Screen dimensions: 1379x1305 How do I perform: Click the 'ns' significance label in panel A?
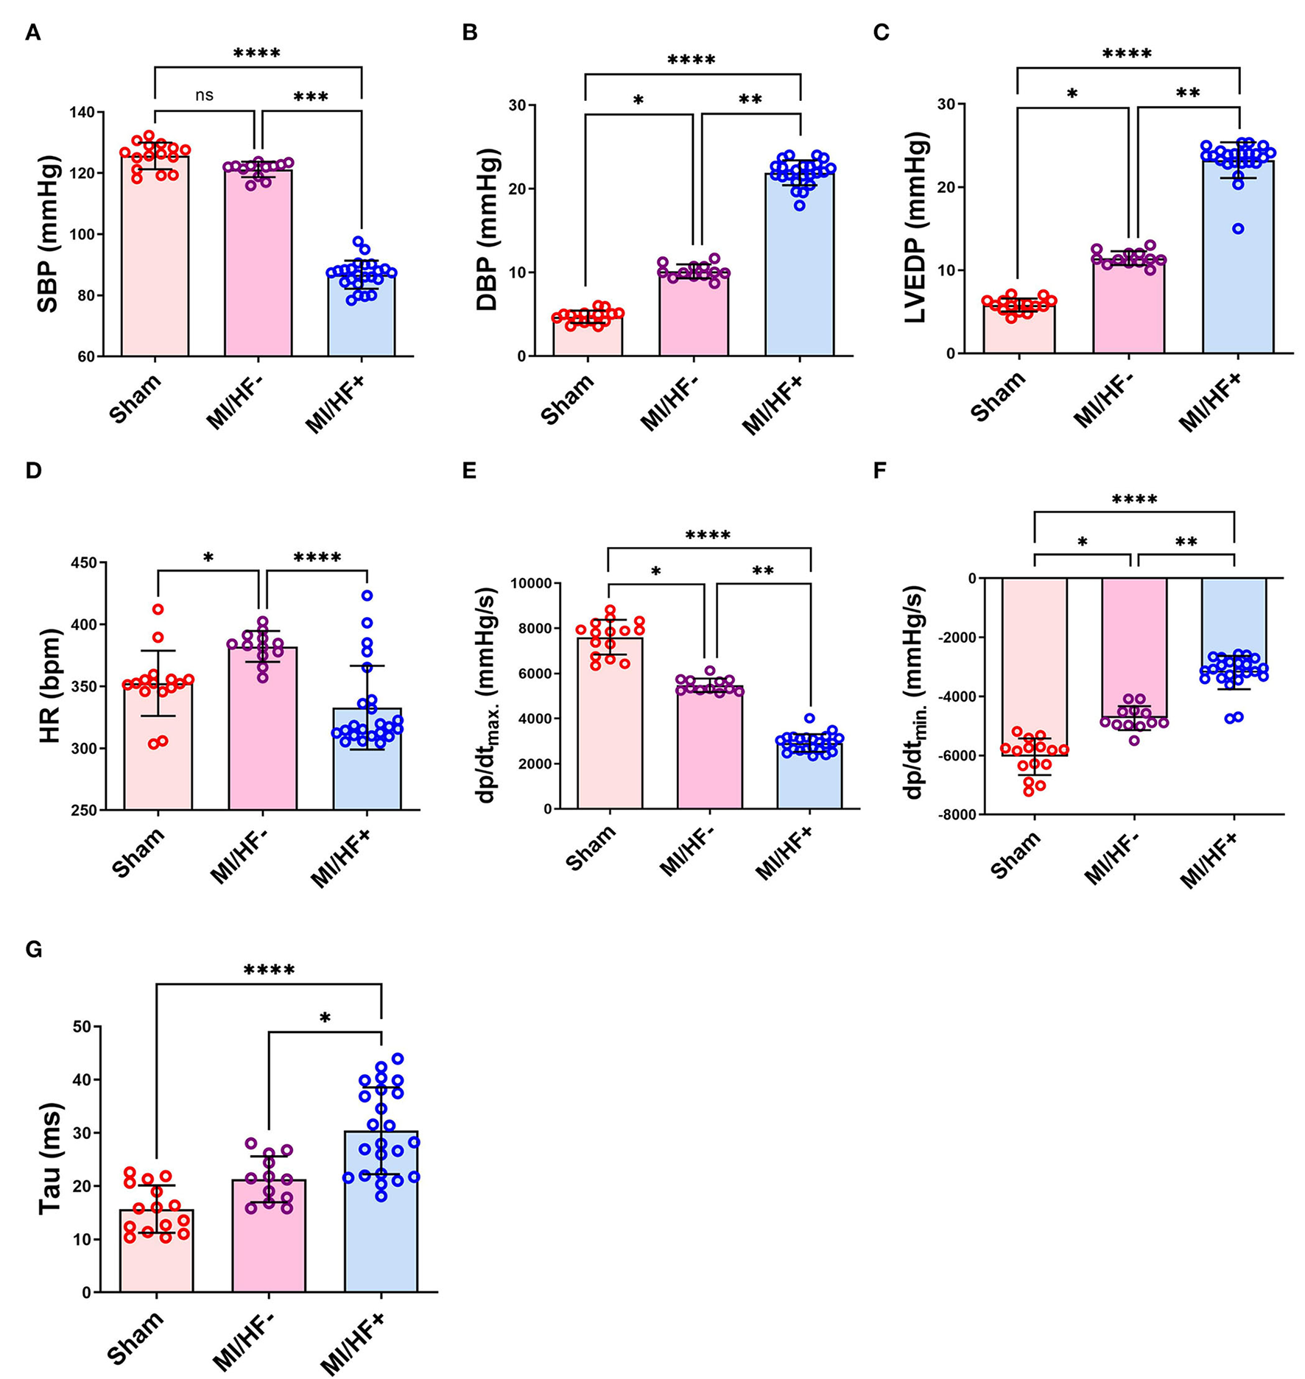click(204, 96)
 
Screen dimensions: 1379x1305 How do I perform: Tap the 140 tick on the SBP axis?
click(87, 112)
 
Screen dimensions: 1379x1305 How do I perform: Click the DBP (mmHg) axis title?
click(488, 229)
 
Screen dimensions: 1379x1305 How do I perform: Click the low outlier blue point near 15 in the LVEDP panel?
click(1238, 229)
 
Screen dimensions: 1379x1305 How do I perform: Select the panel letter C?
click(881, 33)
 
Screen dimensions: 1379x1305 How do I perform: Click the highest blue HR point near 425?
click(367, 595)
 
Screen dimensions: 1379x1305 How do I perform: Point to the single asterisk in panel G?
click(325, 1019)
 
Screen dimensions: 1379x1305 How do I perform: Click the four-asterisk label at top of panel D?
click(317, 558)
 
